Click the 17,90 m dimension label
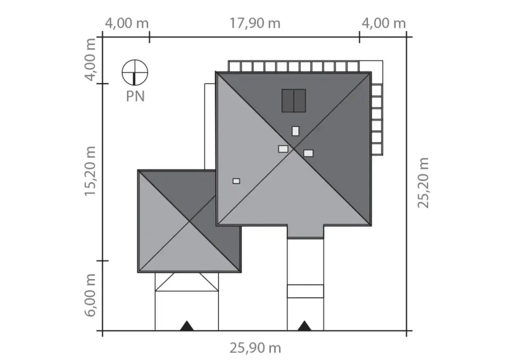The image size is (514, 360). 255,24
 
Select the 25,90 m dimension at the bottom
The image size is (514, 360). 255,348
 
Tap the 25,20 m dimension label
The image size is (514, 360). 423,183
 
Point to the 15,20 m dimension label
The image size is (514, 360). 90,171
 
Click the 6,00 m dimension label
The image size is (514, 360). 90,295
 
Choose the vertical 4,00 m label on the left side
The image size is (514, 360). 90,59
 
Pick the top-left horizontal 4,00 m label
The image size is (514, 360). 126,24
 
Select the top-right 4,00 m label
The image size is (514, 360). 383,24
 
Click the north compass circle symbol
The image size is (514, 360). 135,73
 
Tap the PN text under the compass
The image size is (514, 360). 135,96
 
